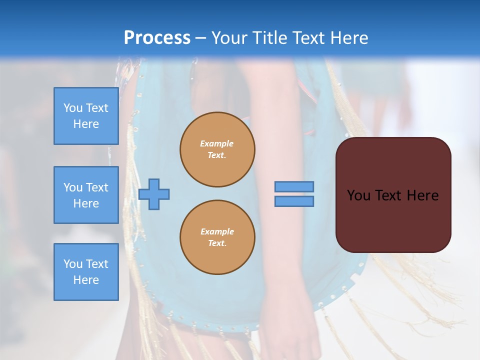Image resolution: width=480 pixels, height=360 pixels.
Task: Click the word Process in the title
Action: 157,38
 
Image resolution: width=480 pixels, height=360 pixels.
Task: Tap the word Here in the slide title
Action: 346,38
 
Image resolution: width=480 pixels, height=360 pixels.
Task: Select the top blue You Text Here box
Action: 86,116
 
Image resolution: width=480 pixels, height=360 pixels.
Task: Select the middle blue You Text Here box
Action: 86,195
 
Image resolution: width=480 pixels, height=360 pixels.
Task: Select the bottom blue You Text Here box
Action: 86,272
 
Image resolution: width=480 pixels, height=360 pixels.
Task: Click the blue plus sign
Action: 154,194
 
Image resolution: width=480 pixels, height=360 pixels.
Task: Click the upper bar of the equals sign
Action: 294,187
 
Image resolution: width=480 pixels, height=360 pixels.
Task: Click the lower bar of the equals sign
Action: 294,201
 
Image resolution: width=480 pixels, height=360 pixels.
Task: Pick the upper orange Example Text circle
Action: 217,149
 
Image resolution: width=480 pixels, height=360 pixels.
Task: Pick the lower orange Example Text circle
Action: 217,237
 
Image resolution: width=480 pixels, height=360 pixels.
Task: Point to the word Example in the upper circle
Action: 217,143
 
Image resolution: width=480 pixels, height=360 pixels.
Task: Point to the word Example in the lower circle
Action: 217,231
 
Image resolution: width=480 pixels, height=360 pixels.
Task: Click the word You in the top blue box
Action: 73,108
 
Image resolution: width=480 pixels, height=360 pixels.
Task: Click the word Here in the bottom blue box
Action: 86,280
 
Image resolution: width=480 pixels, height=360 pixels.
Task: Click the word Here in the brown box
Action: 422,195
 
